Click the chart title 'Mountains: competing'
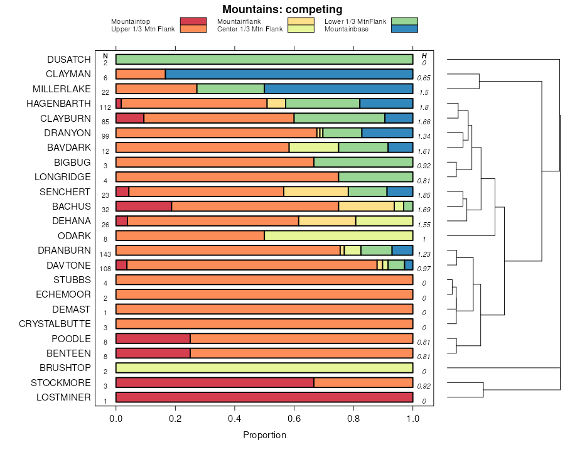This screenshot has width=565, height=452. (282, 9)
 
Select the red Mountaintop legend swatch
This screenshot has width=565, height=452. (193, 21)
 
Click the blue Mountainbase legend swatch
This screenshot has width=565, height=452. (404, 29)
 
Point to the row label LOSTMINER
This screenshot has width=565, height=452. (63, 397)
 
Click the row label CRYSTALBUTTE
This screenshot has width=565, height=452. (55, 324)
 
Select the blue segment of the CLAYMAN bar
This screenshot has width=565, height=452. (289, 74)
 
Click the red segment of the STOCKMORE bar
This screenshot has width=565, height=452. (215, 383)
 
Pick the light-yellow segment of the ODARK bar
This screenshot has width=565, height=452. (338, 236)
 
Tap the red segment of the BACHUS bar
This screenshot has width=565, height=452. (144, 207)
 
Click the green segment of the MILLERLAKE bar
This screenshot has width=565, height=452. (230, 89)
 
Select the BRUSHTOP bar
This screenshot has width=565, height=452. (264, 368)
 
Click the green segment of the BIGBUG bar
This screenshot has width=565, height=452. (363, 163)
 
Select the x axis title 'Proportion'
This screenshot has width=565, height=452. (264, 435)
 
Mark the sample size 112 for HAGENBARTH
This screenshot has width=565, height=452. (105, 107)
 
